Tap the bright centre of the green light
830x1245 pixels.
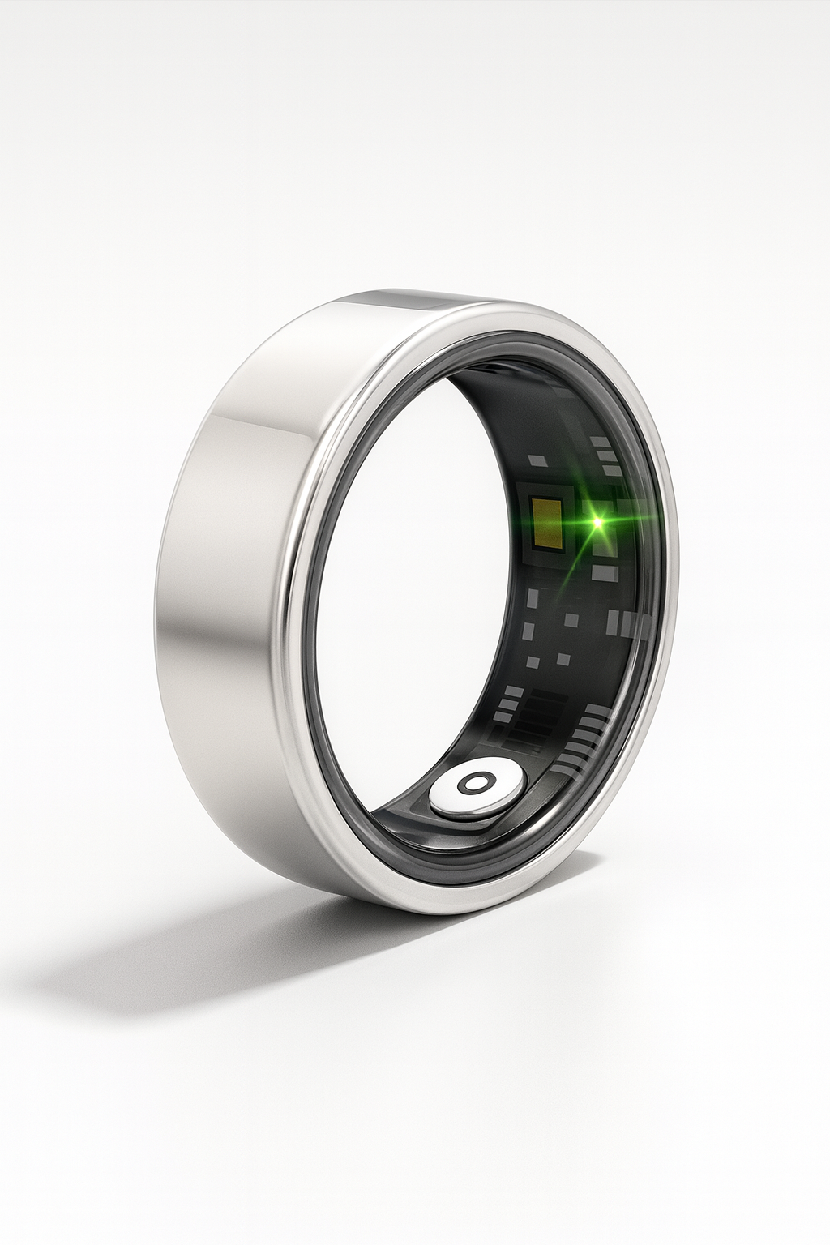pos(598,523)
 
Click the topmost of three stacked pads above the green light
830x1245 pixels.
pos(601,443)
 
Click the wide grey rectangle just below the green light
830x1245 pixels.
pos(604,573)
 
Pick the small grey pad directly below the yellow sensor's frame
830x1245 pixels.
pos(533,598)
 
